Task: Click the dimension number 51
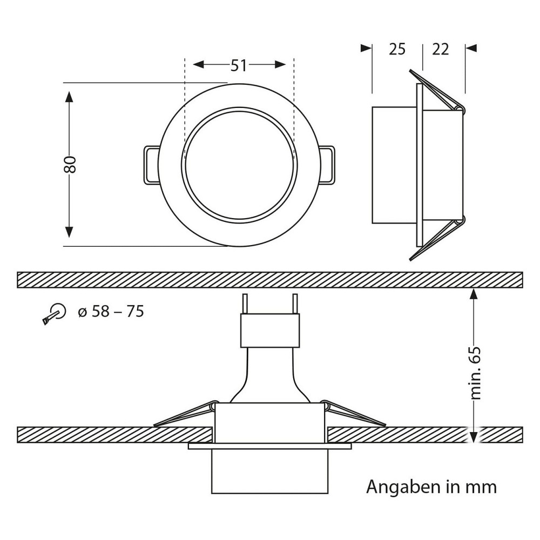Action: point(239,65)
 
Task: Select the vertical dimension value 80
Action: point(70,165)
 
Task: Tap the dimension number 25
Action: point(397,49)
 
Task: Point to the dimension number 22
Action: point(441,49)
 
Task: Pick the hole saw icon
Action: point(54,314)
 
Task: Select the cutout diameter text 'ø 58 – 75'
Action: point(111,312)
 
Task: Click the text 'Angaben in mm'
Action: point(431,487)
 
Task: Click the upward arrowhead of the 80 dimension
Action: point(69,97)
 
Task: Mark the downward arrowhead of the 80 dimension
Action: point(69,232)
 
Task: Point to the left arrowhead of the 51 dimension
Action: point(199,64)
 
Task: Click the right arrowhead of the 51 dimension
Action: point(280,64)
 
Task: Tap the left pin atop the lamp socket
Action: point(245,303)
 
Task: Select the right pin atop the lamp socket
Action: point(294,303)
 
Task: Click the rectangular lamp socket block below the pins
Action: point(270,330)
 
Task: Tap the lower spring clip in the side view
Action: point(437,238)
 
